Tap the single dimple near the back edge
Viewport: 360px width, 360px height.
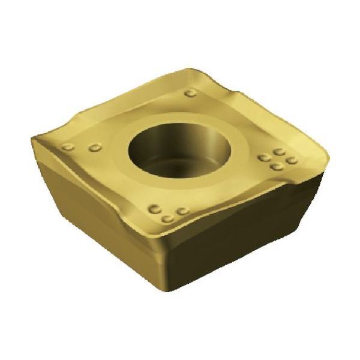(x=191, y=93)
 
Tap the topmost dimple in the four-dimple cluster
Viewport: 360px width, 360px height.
(x=280, y=152)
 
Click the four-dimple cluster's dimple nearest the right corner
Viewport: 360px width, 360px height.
(x=292, y=160)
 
